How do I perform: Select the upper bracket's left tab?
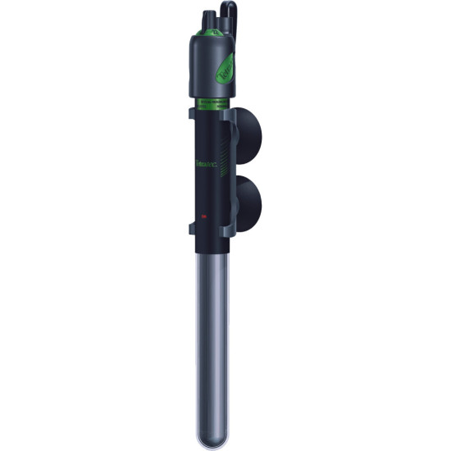click(x=191, y=112)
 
